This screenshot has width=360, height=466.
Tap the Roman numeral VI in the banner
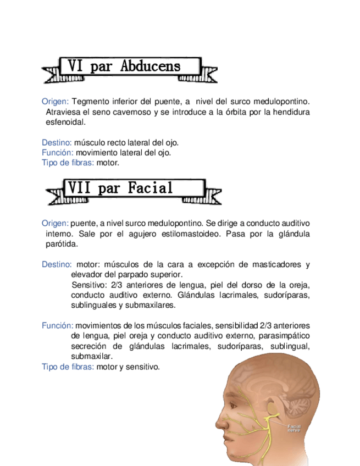coord(75,67)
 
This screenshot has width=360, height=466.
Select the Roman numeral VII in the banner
coord(79,188)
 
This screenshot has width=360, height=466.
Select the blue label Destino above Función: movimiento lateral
coord(57,142)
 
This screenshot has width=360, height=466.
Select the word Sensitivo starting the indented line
coord(90,285)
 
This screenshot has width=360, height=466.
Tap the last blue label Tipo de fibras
coord(68,367)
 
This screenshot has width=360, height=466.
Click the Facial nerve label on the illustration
coord(294,428)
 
